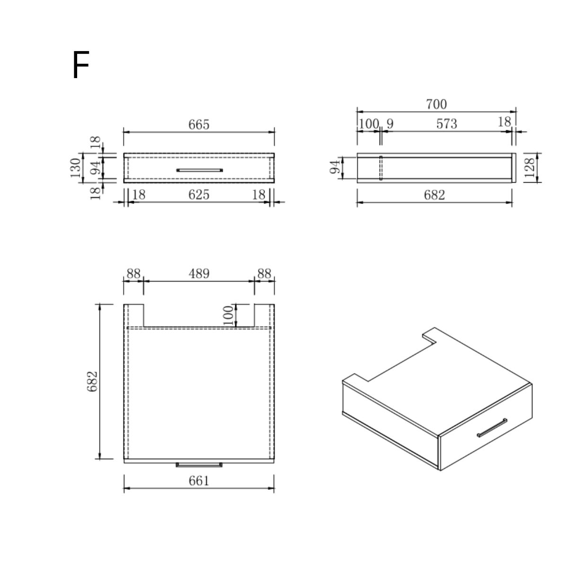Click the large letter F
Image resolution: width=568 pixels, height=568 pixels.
click(x=81, y=64)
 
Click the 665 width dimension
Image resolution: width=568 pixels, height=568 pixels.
click(x=199, y=124)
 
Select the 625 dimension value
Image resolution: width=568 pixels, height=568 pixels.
click(x=199, y=195)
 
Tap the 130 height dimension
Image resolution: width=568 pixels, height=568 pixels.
click(x=75, y=168)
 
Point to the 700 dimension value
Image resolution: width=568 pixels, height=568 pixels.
click(x=436, y=104)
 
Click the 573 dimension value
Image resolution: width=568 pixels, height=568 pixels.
click(x=446, y=124)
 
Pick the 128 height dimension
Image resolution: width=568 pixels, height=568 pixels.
click(x=530, y=168)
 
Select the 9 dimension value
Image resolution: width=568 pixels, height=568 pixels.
click(x=390, y=124)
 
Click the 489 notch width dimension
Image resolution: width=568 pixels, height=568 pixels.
click(x=199, y=274)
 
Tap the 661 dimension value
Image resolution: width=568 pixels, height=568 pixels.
click(x=199, y=481)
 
